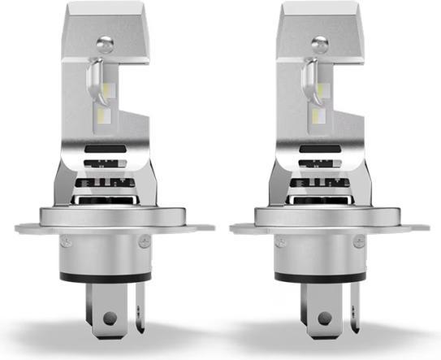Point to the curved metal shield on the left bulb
(x=96, y=81)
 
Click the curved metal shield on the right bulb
(x=309, y=81)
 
